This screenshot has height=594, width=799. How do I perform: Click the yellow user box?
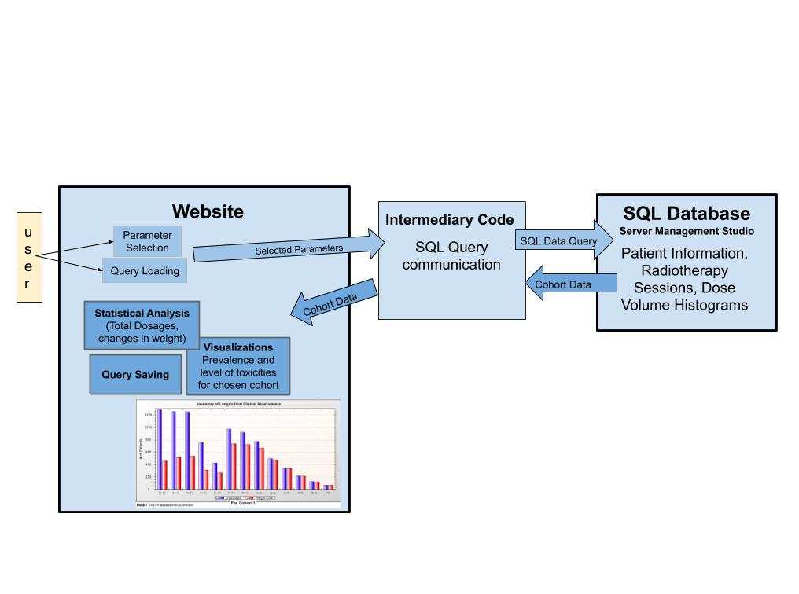(x=29, y=257)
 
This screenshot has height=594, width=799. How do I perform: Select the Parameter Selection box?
(x=146, y=241)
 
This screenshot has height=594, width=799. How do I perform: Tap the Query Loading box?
(x=145, y=271)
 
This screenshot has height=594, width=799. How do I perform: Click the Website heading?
(x=208, y=211)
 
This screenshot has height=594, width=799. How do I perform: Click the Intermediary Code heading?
(x=449, y=219)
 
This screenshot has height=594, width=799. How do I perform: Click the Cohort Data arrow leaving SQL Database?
(x=559, y=284)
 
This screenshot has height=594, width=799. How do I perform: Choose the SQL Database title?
(x=687, y=214)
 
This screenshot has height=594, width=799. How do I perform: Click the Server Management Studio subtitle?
(x=687, y=231)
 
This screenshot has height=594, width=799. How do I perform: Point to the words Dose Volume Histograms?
(x=685, y=297)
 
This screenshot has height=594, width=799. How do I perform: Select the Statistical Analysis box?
(x=142, y=324)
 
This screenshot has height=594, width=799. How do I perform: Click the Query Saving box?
(x=134, y=375)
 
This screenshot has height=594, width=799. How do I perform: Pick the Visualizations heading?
(x=237, y=346)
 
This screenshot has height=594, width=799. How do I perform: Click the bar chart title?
(x=237, y=404)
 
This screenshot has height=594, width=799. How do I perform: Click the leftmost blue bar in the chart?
(x=160, y=449)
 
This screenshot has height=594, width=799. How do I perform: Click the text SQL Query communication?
(x=451, y=256)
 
